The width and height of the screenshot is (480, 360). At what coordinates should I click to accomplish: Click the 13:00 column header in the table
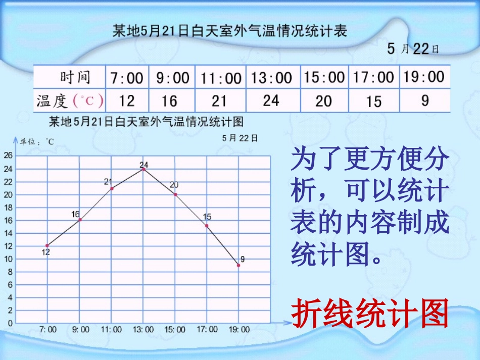coord(272,78)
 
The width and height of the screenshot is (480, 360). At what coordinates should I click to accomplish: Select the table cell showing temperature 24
coord(271,100)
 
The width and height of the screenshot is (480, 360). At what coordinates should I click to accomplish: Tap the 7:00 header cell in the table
coord(127,78)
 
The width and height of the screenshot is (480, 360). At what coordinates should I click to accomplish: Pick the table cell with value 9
coord(424,100)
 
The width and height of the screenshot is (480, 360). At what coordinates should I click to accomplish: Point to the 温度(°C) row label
coord(70,101)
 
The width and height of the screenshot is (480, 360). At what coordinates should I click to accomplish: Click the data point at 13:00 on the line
coord(143,169)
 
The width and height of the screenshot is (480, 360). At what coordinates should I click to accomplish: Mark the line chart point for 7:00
coord(47,246)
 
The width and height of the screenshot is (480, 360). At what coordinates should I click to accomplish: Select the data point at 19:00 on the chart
coord(238,265)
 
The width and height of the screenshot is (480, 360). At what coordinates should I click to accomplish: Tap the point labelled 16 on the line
coord(80,220)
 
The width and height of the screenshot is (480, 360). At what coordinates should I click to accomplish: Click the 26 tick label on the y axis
coord(8,156)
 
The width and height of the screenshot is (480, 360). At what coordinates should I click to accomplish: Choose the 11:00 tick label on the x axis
coord(111,330)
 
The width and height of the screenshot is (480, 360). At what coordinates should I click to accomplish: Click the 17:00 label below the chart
coord(207,329)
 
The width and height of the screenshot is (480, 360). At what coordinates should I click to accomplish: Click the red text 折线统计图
coord(370,313)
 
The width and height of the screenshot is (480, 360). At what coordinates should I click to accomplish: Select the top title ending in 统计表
coord(230,31)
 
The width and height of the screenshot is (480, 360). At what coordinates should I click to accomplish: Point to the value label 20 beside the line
coord(174,185)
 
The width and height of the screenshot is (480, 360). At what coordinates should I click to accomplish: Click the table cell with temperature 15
coord(374,101)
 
